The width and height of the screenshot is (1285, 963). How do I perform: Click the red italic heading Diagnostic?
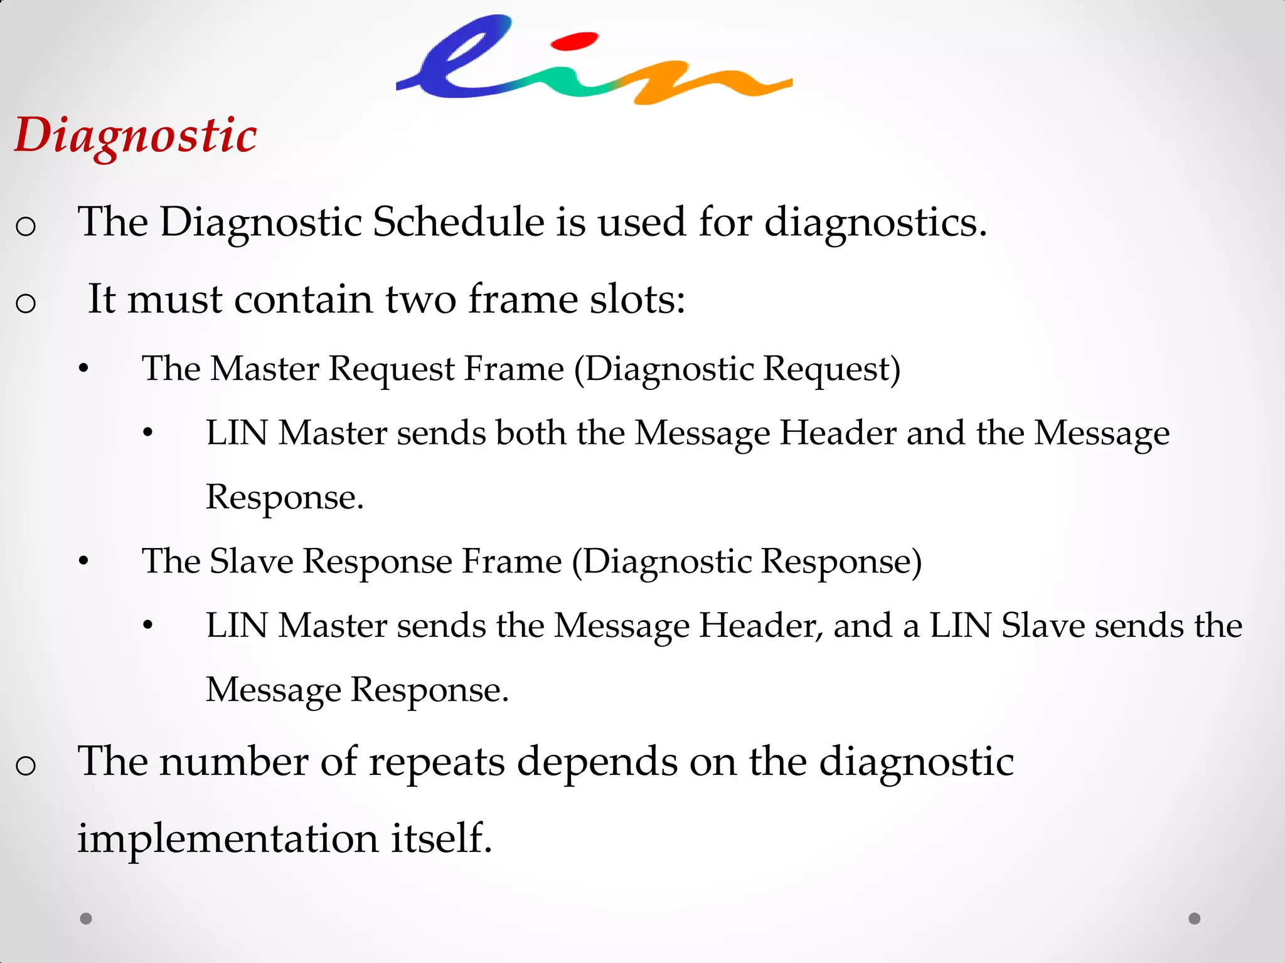[136, 135]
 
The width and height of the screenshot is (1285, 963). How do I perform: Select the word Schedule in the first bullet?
[459, 222]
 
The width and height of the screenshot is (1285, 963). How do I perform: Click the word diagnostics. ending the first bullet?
[876, 222]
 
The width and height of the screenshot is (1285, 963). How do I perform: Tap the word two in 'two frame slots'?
[420, 299]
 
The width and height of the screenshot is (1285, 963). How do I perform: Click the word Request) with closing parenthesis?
[831, 369]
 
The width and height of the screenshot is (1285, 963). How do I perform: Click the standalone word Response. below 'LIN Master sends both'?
[285, 497]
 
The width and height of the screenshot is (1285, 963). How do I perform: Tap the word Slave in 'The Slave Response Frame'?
[251, 561]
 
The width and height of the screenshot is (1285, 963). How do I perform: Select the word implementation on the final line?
[228, 839]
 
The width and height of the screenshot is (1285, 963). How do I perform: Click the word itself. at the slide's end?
[442, 839]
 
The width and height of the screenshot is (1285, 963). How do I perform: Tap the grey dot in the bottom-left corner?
[87, 918]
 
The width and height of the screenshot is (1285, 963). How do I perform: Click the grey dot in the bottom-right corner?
[1195, 918]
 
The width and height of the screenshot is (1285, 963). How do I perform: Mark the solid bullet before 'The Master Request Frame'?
[83, 370]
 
